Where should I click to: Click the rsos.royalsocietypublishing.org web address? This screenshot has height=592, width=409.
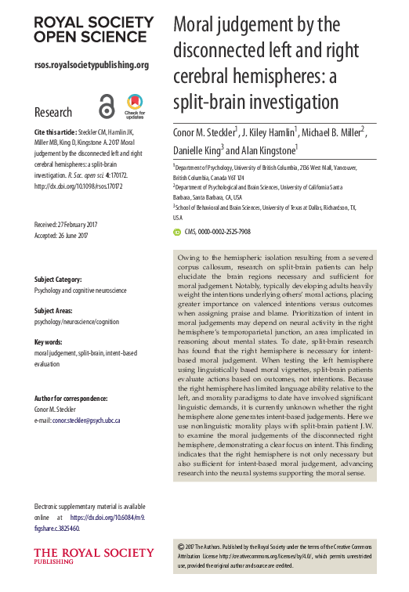point(91,65)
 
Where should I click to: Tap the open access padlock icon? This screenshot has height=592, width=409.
point(107,105)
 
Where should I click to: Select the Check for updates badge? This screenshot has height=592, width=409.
point(135,105)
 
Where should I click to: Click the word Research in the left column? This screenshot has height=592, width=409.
point(53,112)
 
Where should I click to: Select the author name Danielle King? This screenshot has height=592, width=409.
point(197,149)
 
